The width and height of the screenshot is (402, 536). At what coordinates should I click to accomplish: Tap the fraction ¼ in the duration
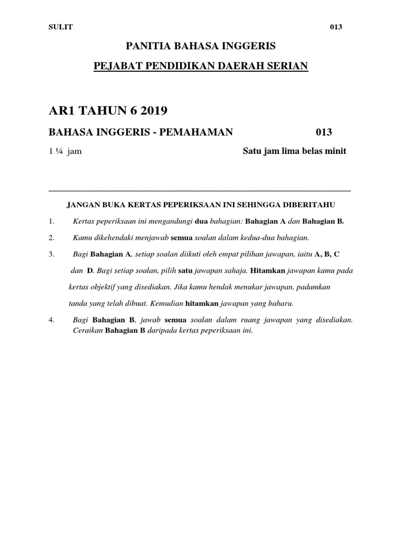61,152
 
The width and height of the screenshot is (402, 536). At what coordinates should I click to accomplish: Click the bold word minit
335,151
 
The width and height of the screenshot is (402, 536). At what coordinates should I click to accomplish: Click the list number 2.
51,238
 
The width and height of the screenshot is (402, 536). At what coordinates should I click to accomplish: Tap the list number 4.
51,320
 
